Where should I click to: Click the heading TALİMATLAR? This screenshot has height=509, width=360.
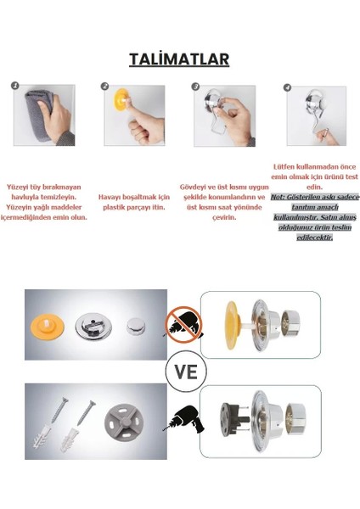click(179, 59)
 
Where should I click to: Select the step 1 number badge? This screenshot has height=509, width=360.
click(15, 87)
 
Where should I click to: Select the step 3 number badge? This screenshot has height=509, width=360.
click(195, 87)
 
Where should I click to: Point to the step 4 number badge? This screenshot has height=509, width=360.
click(286, 87)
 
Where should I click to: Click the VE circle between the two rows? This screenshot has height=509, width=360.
click(180, 372)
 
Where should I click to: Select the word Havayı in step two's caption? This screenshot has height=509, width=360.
click(110, 197)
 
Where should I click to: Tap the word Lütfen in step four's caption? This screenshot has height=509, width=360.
click(284, 167)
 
